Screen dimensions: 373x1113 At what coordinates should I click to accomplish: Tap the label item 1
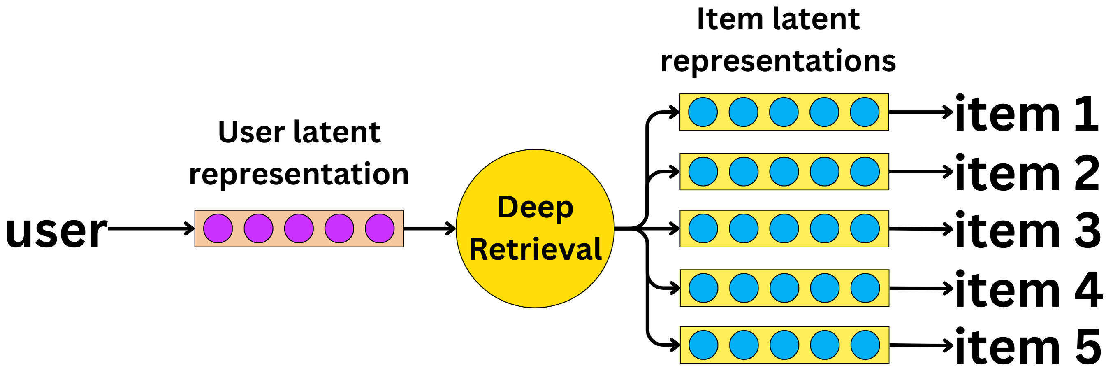tap(1027, 114)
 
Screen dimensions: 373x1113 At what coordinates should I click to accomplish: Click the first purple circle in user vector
tap(218, 228)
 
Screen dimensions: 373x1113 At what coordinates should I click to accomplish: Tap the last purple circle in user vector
tap(380, 228)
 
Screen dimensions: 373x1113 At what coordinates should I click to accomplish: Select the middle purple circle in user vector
tap(299, 228)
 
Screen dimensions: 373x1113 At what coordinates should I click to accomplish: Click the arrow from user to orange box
tap(151, 228)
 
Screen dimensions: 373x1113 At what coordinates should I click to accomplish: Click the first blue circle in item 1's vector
tap(703, 112)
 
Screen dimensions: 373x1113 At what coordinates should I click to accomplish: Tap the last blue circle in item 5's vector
tap(865, 345)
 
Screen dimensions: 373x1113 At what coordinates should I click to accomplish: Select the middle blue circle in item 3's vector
tap(784, 228)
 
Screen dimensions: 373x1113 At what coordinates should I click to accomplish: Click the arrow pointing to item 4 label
tap(920, 288)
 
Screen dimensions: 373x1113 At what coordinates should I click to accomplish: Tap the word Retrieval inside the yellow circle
tap(536, 249)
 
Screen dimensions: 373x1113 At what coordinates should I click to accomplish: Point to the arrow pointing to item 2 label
tap(920, 172)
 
